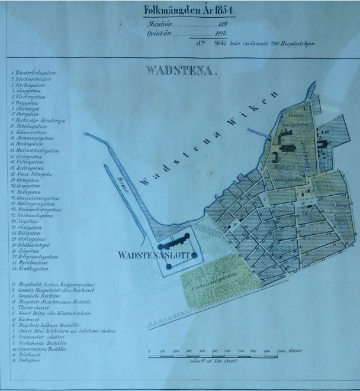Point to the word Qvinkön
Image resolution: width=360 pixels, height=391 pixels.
156,34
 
